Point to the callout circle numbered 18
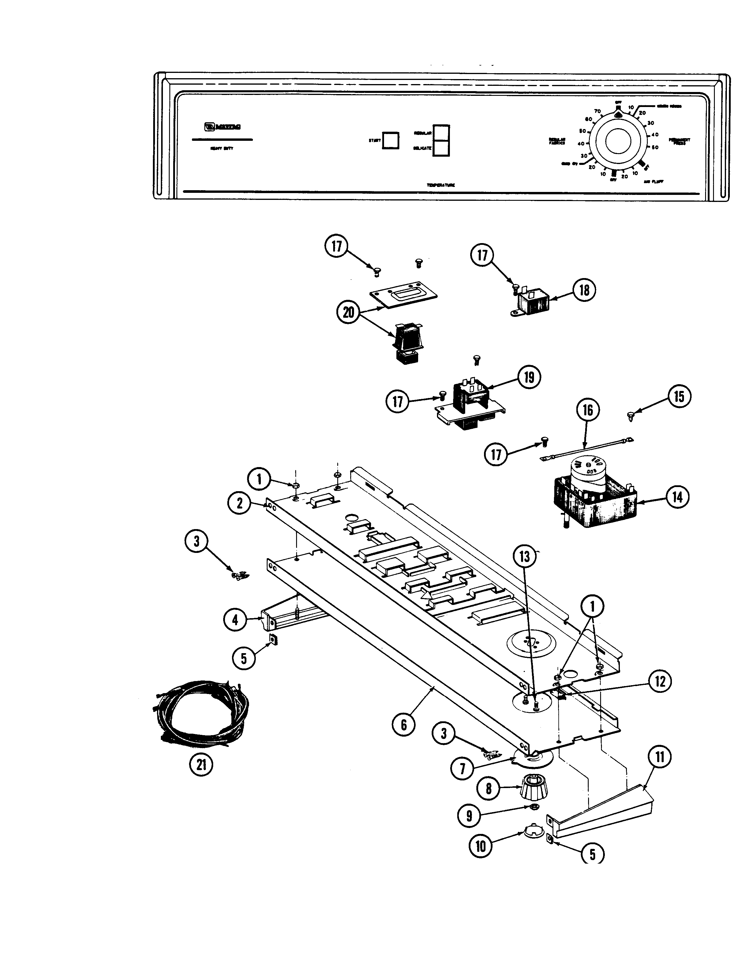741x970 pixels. (x=584, y=290)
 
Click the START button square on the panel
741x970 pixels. (x=390, y=140)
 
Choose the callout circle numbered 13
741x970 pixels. (x=525, y=556)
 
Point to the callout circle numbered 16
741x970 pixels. (x=588, y=410)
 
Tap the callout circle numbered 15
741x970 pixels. (x=679, y=396)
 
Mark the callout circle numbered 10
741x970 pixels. (x=481, y=846)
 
